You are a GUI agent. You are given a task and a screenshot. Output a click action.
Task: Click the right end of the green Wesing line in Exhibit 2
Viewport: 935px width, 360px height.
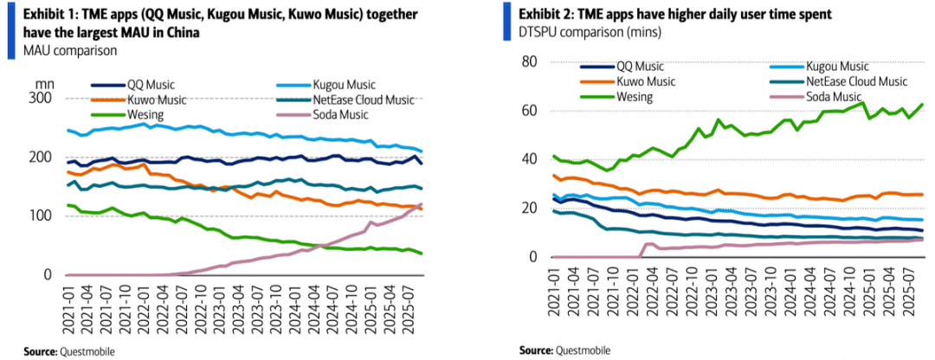coord(921,105)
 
